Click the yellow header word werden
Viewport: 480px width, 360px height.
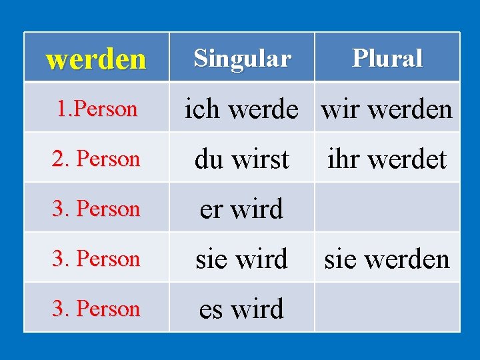(x=96, y=59)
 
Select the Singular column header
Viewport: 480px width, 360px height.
(x=242, y=59)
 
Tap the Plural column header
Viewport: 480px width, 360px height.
(x=387, y=59)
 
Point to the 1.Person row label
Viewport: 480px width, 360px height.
(x=96, y=109)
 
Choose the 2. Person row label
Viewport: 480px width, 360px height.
(x=96, y=159)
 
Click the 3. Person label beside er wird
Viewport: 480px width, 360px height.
(x=96, y=209)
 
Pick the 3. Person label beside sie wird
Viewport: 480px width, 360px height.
(x=96, y=259)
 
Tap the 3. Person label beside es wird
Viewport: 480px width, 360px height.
(x=96, y=309)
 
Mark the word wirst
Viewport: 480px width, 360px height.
(x=259, y=159)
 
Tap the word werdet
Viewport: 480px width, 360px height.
(x=406, y=159)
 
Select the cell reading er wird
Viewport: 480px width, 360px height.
(x=242, y=209)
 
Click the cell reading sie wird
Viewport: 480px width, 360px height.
(x=242, y=259)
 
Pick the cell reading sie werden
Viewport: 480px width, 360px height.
(x=387, y=259)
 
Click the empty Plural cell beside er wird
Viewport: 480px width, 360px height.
(x=387, y=209)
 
